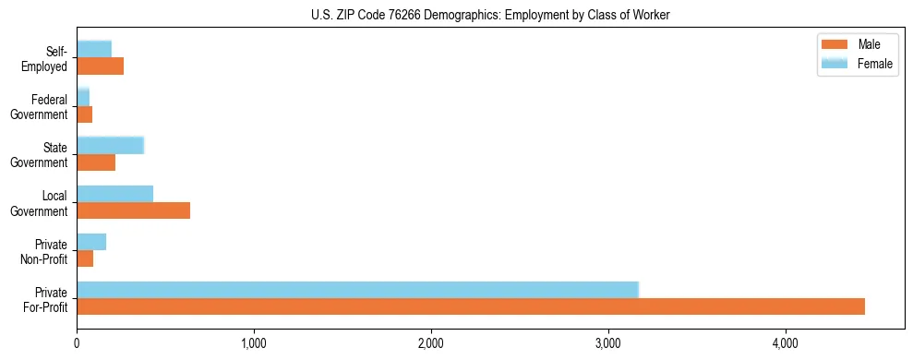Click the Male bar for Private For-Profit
click(471, 306)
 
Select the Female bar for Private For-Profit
click(357, 290)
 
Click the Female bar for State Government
click(110, 145)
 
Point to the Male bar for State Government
click(96, 162)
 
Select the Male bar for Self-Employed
click(100, 66)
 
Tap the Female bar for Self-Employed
click(94, 49)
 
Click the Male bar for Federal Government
click(84, 114)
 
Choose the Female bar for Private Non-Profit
click(91, 242)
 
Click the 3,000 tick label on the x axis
click(608, 344)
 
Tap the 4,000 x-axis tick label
click(786, 344)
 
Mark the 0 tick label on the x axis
click(77, 344)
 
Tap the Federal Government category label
click(41, 106)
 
